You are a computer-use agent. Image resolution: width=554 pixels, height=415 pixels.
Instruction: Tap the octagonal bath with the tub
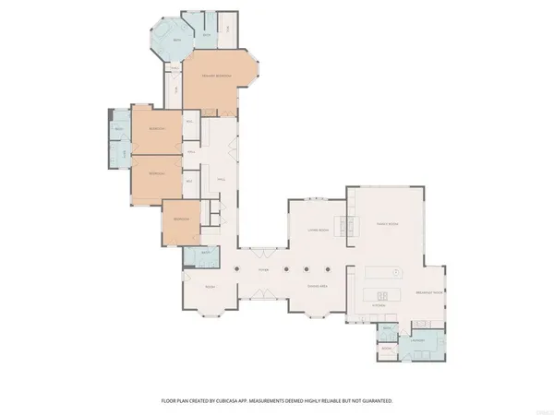[172, 39]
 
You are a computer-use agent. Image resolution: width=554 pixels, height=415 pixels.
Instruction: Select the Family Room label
[386, 224]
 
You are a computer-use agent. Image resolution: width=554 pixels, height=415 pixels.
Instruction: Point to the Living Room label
[319, 231]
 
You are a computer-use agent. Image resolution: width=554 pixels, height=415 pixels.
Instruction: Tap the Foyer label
[263, 269]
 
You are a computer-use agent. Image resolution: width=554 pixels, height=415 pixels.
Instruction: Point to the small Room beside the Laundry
[387, 350]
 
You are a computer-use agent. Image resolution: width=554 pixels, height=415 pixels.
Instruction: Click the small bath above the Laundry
[388, 329]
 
